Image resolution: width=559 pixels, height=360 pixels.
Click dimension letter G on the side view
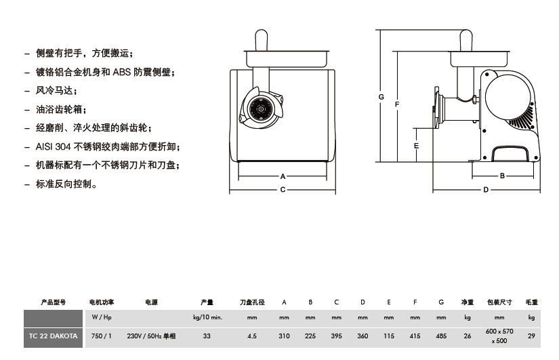381,97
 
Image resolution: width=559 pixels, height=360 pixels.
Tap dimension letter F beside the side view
396,104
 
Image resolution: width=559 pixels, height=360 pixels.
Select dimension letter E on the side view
416,145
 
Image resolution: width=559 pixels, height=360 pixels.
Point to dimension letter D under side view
486,190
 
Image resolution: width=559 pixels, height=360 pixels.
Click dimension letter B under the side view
502,176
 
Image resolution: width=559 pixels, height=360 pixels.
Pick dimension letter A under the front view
283,176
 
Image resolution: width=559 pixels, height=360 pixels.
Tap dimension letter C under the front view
283,190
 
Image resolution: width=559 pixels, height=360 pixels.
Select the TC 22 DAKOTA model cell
54,336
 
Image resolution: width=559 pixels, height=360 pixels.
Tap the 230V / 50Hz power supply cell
151,336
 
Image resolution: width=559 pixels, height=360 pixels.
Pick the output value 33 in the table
207,336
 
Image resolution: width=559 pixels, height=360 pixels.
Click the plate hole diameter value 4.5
252,336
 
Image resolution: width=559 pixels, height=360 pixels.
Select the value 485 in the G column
441,336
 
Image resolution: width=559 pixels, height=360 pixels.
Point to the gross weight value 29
531,336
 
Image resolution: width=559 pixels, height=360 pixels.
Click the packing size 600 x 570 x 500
499,336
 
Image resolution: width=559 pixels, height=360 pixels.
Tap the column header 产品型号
54,302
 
